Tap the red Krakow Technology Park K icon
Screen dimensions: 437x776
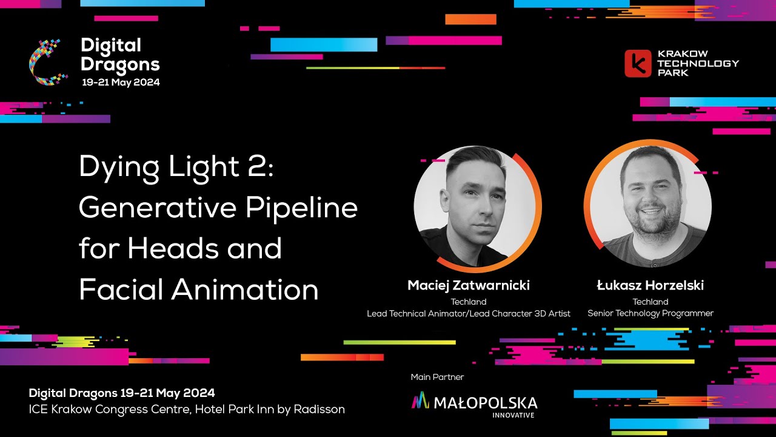click(637, 63)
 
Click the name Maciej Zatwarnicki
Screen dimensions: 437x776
click(469, 285)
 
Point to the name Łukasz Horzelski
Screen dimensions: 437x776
click(650, 285)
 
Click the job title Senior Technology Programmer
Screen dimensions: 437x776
click(650, 313)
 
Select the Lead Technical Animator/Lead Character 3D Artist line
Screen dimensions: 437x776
click(469, 313)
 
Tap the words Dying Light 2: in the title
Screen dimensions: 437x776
click(176, 167)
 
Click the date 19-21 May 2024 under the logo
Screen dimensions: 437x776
click(121, 82)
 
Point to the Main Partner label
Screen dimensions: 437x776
click(437, 377)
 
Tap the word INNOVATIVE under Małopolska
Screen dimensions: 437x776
click(513, 415)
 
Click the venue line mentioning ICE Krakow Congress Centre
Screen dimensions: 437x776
click(187, 409)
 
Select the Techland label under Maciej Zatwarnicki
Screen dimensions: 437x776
click(469, 302)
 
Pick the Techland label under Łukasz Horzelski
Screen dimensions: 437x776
click(650, 302)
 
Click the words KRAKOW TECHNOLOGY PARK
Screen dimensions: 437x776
click(698, 63)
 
